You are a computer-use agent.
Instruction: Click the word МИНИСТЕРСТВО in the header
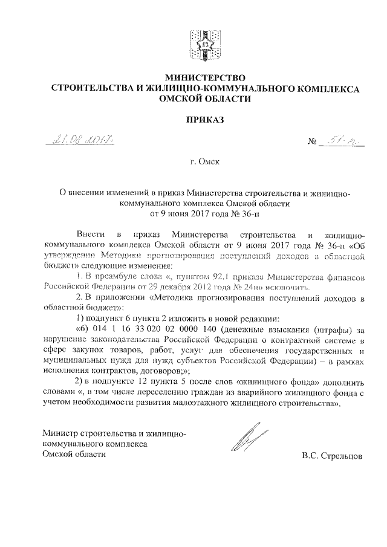tap(204, 78)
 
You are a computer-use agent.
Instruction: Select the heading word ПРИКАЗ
tap(204, 120)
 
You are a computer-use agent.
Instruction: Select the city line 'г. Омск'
tap(204, 163)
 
